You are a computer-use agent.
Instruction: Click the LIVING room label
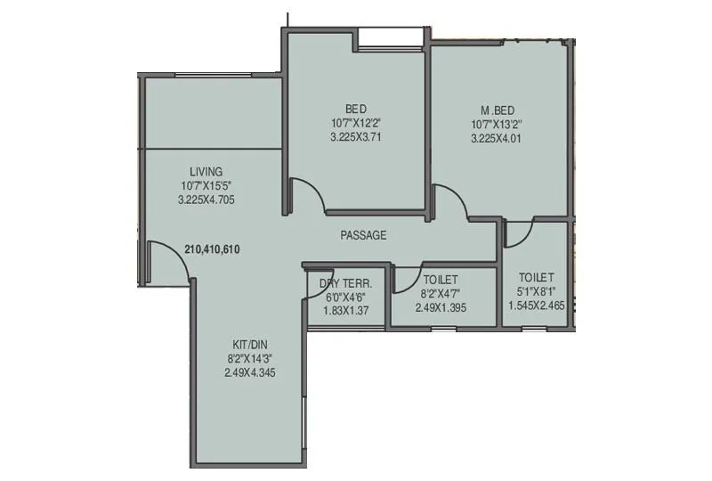coord(206,171)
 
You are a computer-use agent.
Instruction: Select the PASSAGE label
coord(363,236)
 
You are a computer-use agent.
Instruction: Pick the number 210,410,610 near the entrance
coord(214,249)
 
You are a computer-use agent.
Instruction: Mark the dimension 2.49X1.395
coord(441,307)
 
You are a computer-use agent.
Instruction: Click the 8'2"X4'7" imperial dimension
coord(441,293)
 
